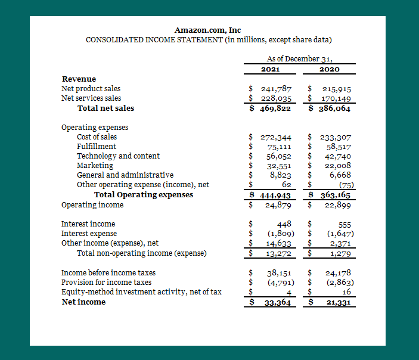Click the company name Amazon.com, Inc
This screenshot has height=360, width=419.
point(208,30)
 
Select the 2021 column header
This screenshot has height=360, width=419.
point(271,69)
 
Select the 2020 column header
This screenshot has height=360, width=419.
point(330,69)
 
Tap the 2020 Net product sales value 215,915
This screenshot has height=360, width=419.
point(336,89)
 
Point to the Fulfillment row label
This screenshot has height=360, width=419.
point(97,147)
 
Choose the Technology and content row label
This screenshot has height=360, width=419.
point(118,156)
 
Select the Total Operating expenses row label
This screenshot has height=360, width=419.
point(143,195)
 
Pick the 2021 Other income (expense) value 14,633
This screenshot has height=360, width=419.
point(278,243)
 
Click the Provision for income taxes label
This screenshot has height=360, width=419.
point(106,283)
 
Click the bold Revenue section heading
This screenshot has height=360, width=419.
point(79,79)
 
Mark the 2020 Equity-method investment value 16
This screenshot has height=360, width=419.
point(346,292)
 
